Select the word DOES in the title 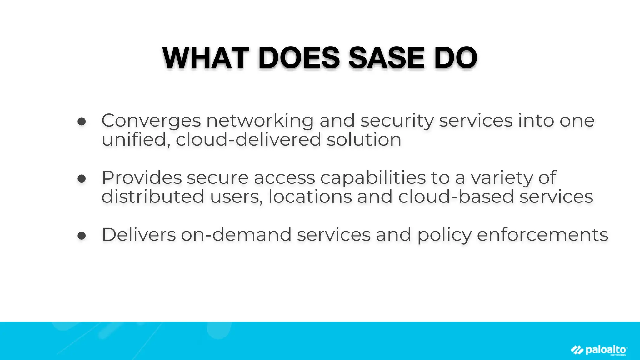point(299,58)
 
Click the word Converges point(151,121)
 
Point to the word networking point(260,121)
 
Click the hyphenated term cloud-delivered point(248,139)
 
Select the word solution point(364,139)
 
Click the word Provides point(142,177)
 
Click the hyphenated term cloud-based point(456,197)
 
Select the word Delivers point(139,235)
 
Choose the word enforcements point(542,235)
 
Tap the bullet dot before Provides point(82,178)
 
